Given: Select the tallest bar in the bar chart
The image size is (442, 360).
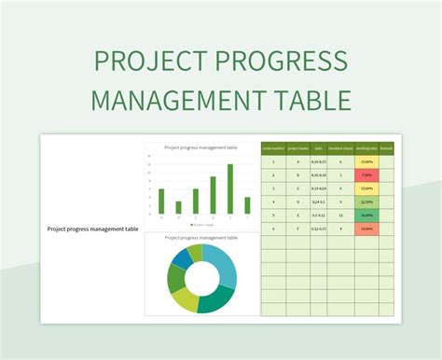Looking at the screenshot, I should (x=229, y=189).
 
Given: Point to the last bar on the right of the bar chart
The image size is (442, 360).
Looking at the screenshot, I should (x=247, y=205).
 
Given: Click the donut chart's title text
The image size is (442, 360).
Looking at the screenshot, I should (x=202, y=238).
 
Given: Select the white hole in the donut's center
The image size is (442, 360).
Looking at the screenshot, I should (x=202, y=277).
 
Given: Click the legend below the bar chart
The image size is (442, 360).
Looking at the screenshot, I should (x=202, y=225).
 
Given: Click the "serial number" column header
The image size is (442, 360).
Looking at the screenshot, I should (x=272, y=147).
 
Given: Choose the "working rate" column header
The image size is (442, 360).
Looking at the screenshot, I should (x=366, y=147).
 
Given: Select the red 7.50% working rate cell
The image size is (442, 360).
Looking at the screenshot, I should (x=366, y=174).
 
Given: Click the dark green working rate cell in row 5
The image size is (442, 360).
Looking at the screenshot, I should (x=366, y=215).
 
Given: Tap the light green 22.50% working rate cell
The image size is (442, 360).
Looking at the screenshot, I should (x=366, y=201).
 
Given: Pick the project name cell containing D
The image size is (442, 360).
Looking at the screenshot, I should (x=297, y=201).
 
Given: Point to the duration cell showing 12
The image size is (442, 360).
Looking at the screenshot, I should (x=342, y=215).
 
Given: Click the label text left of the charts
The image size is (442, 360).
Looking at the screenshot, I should (x=92, y=228).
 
